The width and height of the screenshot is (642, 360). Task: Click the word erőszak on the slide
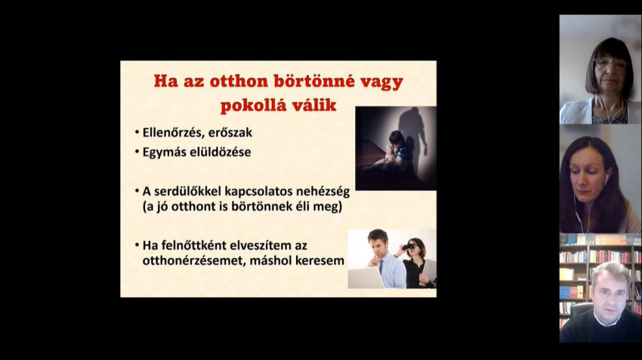tap(230, 133)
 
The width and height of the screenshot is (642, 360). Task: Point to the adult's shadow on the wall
tap(413, 135)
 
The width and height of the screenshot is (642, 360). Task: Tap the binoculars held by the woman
tap(409, 247)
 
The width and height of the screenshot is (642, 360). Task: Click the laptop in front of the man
tap(366, 278)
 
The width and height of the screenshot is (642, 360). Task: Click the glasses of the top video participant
tap(610, 63)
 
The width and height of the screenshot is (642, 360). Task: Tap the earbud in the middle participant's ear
tap(607, 178)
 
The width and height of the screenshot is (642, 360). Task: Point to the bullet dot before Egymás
tap(137, 152)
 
